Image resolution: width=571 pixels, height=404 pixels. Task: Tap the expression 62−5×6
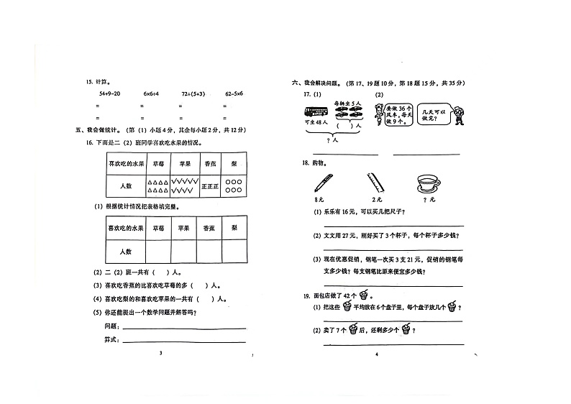(234, 94)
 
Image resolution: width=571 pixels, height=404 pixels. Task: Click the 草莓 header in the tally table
(157, 163)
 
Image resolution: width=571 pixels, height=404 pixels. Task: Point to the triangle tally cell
(157, 185)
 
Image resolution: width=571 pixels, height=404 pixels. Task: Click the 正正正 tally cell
(209, 185)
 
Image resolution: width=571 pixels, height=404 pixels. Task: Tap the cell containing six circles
(234, 185)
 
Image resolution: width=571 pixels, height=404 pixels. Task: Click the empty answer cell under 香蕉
(209, 251)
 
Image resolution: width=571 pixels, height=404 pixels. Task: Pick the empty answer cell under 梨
(234, 251)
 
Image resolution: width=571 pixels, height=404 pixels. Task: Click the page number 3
(161, 354)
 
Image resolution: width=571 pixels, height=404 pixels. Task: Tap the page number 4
(376, 354)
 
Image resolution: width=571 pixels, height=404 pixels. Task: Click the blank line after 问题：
(173, 325)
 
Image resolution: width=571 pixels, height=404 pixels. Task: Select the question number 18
(306, 162)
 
